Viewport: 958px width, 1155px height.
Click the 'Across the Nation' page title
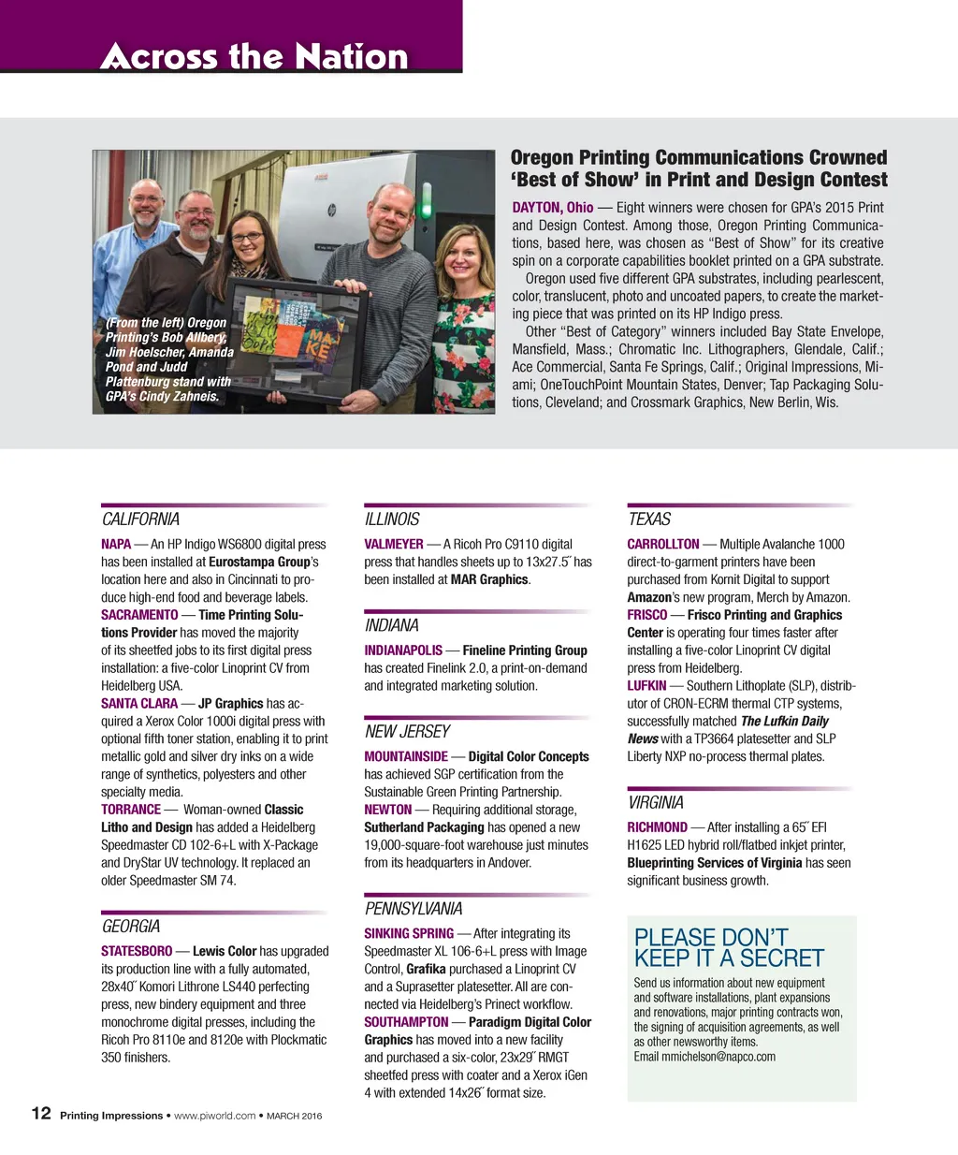[254, 56]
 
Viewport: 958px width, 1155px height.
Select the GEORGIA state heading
[131, 927]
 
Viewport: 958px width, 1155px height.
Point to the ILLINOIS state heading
[392, 519]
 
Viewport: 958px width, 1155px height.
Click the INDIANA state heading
[392, 625]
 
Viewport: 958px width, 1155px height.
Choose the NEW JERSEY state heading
[407, 732]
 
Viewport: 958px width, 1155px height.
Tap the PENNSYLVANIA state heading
[414, 909]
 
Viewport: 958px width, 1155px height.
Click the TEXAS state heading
[649, 519]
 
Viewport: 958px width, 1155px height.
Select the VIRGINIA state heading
[655, 803]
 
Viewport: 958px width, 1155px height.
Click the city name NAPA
[116, 545]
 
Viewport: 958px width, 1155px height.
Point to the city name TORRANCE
[131, 810]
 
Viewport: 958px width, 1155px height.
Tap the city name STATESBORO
[137, 952]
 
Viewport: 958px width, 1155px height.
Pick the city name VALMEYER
[394, 545]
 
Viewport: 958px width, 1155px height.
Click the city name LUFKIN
[646, 686]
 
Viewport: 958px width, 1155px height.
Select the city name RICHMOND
[657, 827]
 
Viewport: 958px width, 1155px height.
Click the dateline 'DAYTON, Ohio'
[552, 208]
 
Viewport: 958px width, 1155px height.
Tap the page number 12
[41, 1113]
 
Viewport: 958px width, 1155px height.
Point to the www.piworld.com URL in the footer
[214, 1116]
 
